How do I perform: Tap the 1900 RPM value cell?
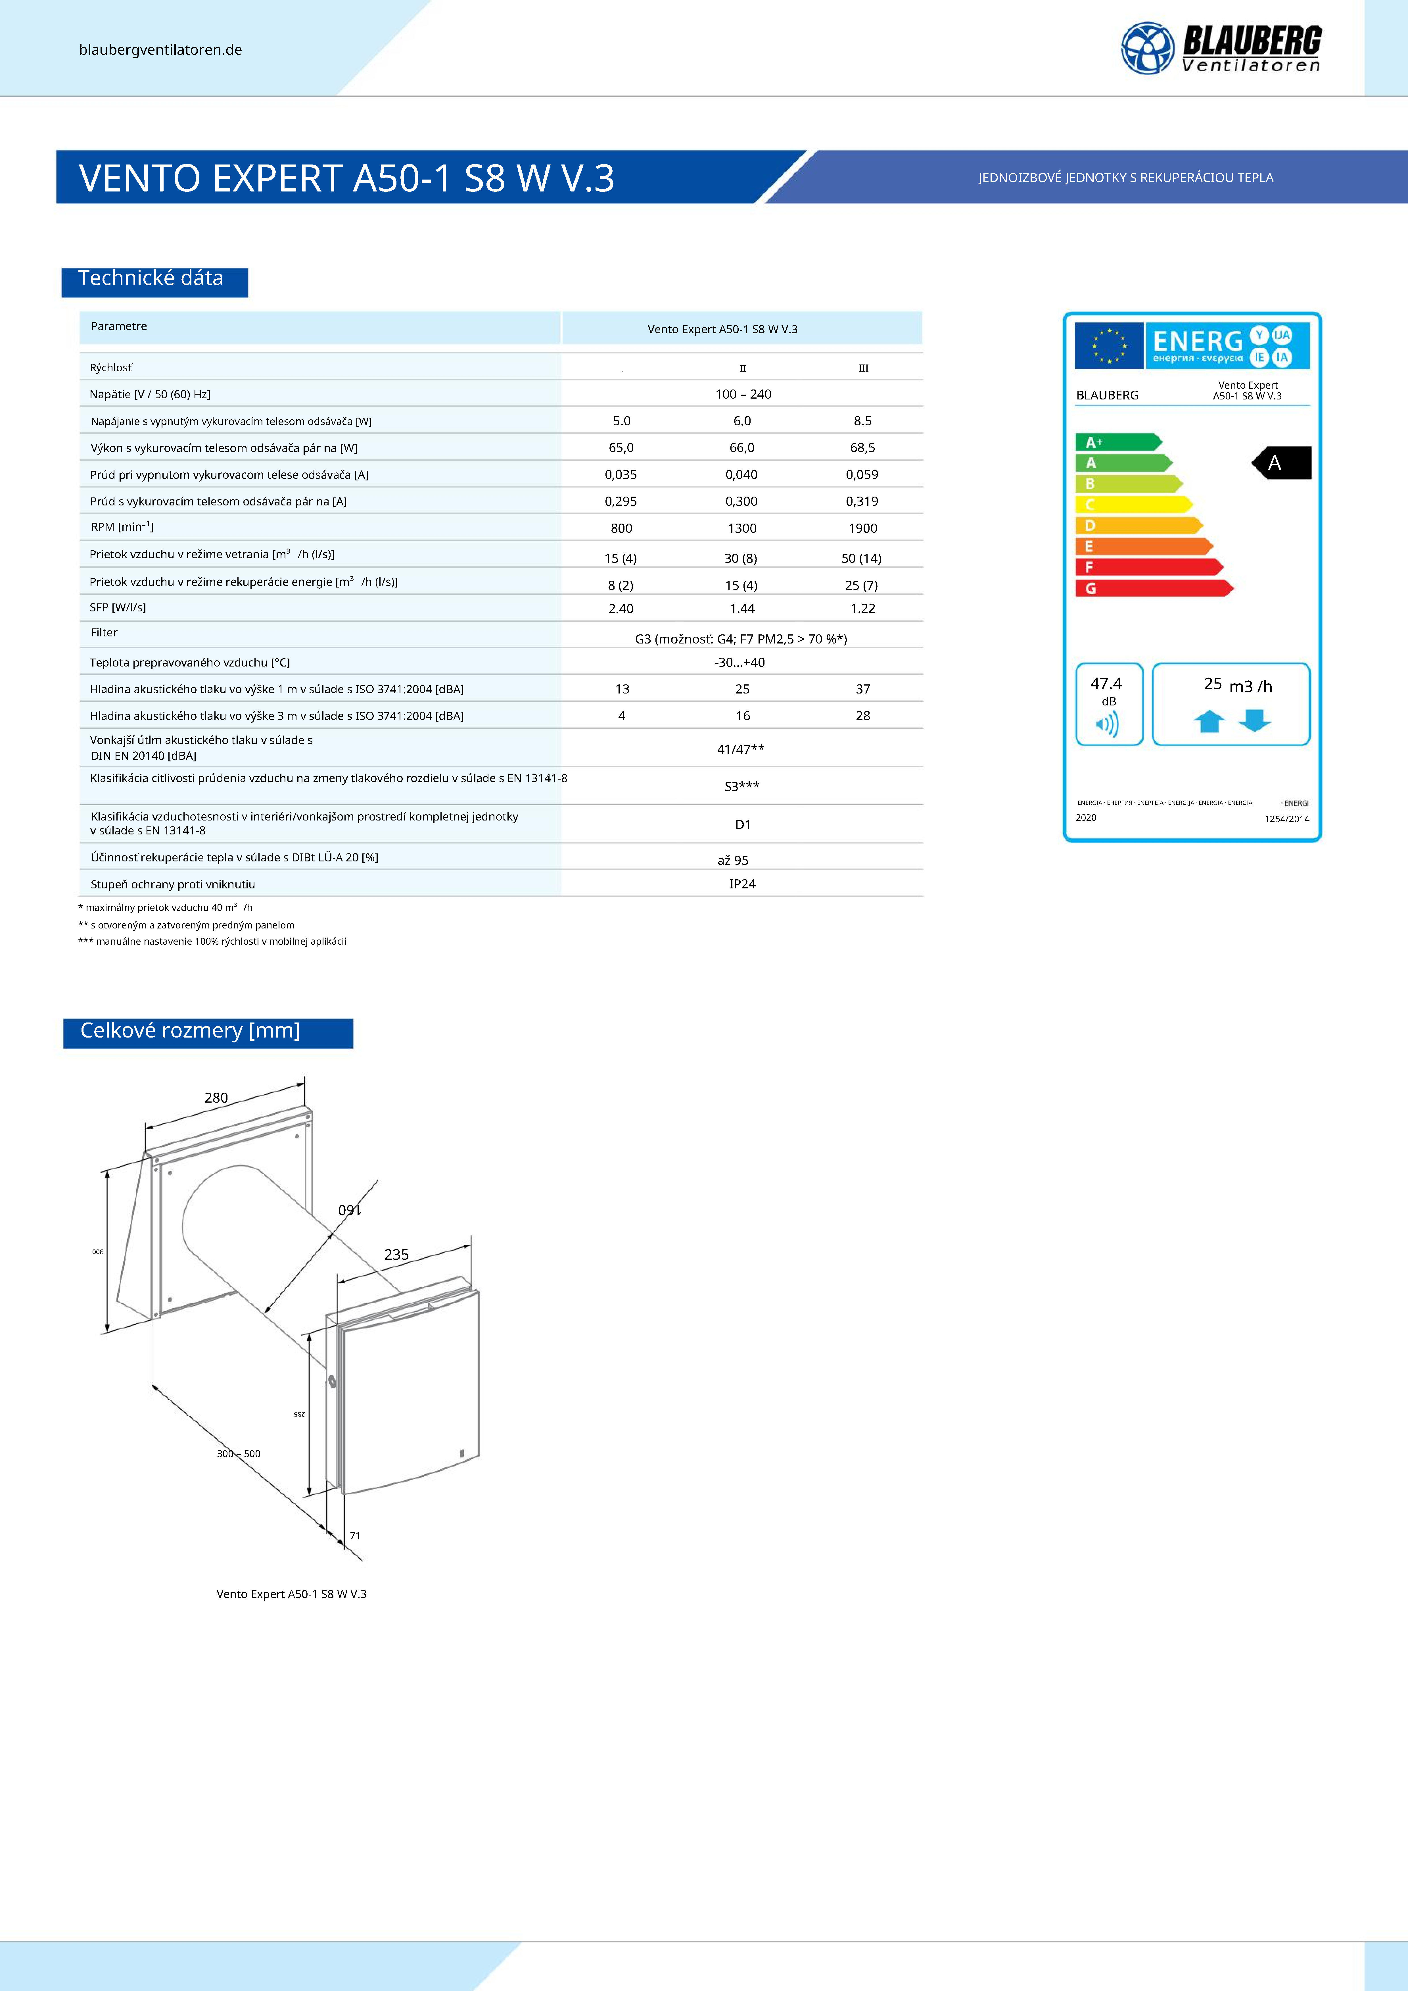863,528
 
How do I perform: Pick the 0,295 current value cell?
621,501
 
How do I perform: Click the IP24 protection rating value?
742,884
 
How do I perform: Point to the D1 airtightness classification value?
742,825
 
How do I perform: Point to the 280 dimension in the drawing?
216,1098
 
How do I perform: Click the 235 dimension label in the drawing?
396,1255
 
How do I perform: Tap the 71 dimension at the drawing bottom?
355,1536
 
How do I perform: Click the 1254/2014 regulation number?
1287,819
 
